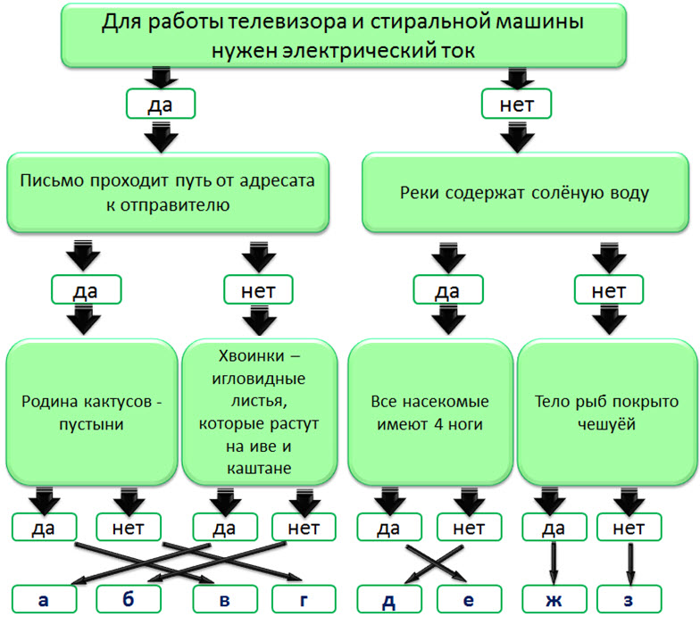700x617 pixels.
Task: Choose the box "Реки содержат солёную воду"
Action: [x=525, y=192]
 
